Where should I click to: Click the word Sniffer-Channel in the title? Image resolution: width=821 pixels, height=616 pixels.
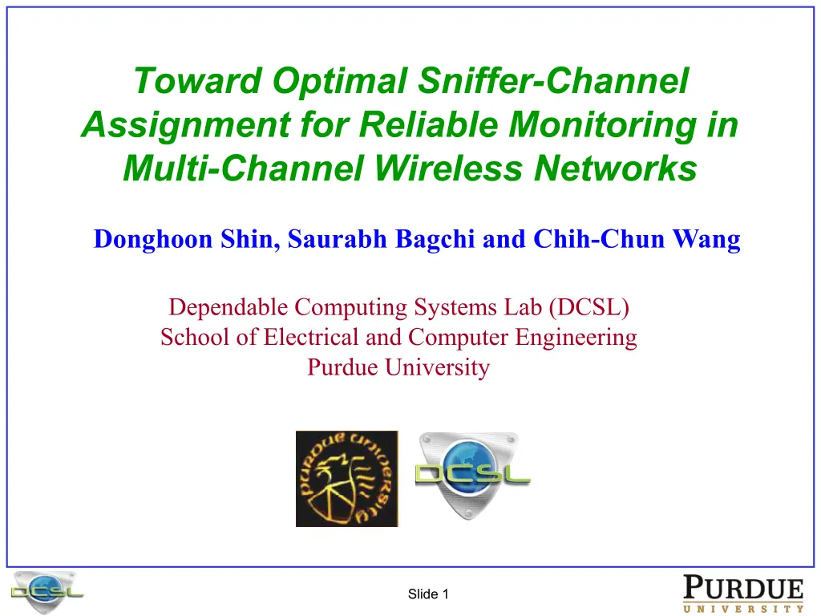click(553, 81)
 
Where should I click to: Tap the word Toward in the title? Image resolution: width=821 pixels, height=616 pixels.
click(198, 81)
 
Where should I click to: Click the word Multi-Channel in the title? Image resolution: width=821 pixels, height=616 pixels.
click(244, 168)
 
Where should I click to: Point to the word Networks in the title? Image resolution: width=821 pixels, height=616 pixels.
click(616, 168)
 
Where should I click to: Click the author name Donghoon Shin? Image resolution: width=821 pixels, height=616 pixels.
click(186, 239)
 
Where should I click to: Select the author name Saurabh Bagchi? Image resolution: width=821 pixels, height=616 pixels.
click(381, 239)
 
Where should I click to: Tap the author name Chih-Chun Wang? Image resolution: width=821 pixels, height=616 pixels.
click(637, 239)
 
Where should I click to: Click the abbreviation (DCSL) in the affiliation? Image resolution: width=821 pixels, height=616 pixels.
click(589, 307)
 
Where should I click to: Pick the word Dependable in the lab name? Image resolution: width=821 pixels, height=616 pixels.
click(229, 307)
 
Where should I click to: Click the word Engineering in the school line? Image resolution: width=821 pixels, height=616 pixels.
click(576, 338)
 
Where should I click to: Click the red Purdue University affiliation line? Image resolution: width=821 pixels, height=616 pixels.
click(398, 367)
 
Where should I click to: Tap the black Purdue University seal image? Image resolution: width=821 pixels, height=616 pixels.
click(346, 479)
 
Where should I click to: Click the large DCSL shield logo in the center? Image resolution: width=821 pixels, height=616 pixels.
click(472, 475)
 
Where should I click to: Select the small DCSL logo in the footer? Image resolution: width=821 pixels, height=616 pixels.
click(47, 592)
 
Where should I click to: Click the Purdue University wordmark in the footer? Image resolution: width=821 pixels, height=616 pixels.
click(743, 594)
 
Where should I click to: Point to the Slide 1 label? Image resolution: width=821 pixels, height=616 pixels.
click(428, 594)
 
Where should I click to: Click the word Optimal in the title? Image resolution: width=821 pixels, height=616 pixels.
click(340, 81)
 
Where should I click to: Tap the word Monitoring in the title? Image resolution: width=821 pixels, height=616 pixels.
click(603, 124)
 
